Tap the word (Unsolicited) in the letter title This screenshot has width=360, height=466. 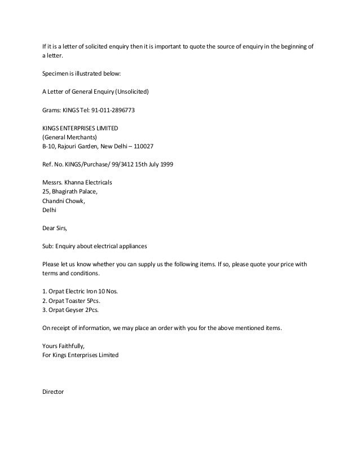tap(132, 91)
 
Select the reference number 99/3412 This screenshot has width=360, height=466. tap(117, 165)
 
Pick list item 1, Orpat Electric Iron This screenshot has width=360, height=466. tap(80, 291)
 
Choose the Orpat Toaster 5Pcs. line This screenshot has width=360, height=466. tap(74, 300)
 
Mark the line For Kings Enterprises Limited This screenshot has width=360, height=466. tap(81, 355)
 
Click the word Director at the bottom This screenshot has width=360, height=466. tap(54, 392)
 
